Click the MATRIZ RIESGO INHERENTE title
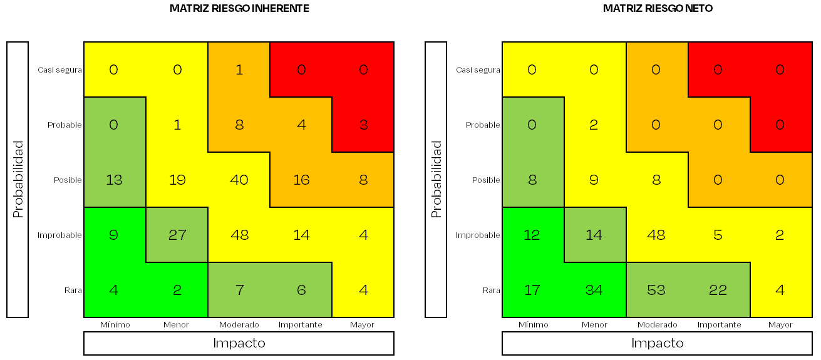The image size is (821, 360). (x=239, y=9)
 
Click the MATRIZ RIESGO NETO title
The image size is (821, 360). (x=658, y=9)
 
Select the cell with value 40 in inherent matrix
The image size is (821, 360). (x=239, y=180)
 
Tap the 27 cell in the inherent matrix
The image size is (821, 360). (x=177, y=235)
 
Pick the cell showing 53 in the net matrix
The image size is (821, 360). (x=656, y=291)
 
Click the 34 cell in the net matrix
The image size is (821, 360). (x=594, y=291)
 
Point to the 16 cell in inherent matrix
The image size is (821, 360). (x=301, y=180)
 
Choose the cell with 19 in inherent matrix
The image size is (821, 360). (x=177, y=180)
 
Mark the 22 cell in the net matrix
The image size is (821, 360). (x=718, y=291)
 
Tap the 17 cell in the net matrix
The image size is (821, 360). (x=532, y=291)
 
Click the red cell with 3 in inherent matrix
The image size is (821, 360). (x=363, y=125)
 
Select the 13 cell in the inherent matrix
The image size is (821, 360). (x=115, y=180)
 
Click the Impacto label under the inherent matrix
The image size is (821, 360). (x=239, y=343)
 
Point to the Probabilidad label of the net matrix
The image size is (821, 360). (x=436, y=180)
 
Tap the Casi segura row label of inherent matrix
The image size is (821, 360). (x=59, y=70)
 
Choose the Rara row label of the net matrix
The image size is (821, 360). (x=492, y=291)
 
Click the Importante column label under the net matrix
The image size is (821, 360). (x=719, y=325)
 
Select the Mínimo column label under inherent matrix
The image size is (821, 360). (x=115, y=325)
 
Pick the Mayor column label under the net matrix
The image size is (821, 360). (x=780, y=325)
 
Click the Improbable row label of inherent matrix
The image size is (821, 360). (x=59, y=235)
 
